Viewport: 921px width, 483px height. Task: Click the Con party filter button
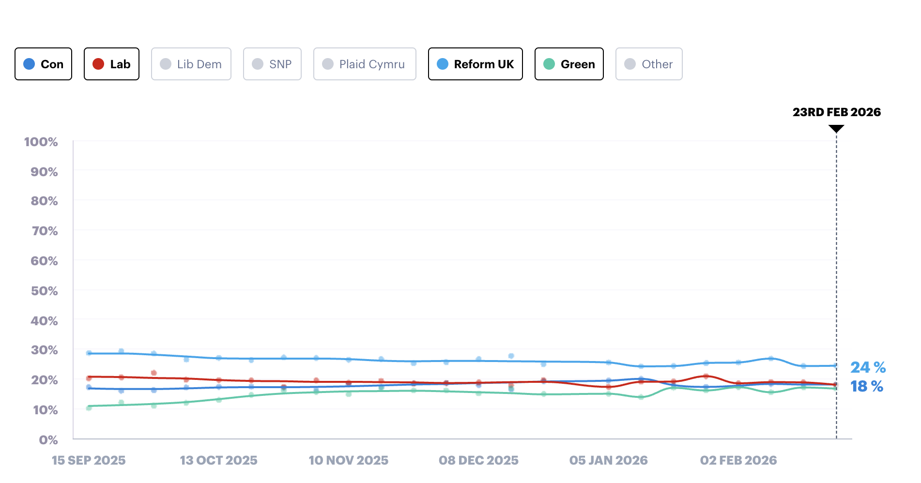coord(43,64)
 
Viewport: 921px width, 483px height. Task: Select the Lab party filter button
coord(111,64)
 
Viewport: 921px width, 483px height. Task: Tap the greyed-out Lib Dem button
coord(191,64)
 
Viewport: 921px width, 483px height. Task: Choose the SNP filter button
coord(272,64)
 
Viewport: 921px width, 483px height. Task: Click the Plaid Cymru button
coord(364,64)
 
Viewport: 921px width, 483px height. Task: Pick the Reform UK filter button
coord(475,64)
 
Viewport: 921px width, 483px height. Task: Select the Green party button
coord(569,64)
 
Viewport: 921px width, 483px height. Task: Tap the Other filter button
coord(648,64)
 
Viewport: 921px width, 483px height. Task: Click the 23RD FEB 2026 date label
coord(836,112)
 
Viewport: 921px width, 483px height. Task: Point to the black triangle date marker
coord(836,128)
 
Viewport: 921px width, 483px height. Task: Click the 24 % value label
coord(868,368)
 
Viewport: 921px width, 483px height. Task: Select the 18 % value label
coord(867,387)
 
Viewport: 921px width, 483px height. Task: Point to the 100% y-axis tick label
coord(41,142)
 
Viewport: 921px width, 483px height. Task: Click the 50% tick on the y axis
coord(44,291)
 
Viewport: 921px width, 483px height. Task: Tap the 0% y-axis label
coord(48,440)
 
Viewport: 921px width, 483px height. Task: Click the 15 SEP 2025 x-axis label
coord(89,461)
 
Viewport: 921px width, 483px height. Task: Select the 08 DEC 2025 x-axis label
coord(478,461)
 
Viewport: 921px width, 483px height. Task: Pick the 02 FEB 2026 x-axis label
coord(738,461)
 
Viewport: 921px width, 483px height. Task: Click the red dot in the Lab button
coord(98,64)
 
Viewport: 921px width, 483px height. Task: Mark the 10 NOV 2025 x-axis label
coord(348,461)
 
